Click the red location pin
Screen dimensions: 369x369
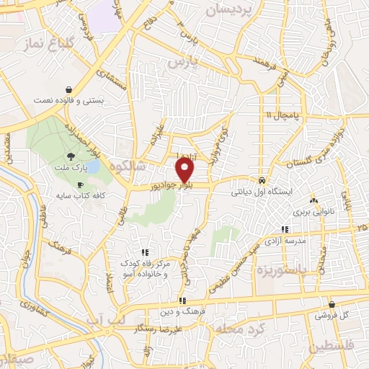point(185,170)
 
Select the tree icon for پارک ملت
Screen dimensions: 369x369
point(71,156)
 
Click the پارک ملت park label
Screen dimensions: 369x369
point(71,167)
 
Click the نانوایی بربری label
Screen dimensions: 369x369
point(312,213)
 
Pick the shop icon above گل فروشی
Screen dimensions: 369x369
point(331,304)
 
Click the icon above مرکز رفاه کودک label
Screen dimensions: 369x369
point(145,252)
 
